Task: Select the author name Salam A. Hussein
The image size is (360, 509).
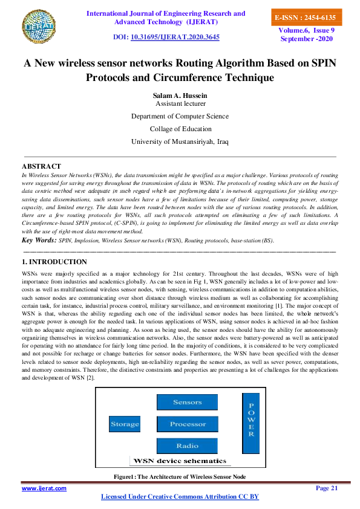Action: click(179, 96)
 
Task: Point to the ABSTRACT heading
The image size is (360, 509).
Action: click(41, 166)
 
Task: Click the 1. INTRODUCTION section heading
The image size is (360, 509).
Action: click(54, 262)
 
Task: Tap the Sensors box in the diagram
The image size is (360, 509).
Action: click(188, 403)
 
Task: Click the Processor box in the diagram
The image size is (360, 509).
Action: click(188, 424)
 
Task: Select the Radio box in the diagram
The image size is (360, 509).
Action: click(188, 446)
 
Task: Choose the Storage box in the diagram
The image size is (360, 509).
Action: click(125, 424)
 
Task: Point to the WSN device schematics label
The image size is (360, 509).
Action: click(180, 461)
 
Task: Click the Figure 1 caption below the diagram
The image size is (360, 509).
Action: click(179, 477)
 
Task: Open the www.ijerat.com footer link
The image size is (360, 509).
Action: click(44, 488)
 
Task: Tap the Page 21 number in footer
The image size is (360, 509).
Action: click(327, 488)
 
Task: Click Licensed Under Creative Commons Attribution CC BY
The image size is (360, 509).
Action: click(179, 497)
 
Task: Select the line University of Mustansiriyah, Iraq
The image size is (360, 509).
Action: click(179, 141)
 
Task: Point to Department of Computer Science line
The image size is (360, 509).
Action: click(179, 116)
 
